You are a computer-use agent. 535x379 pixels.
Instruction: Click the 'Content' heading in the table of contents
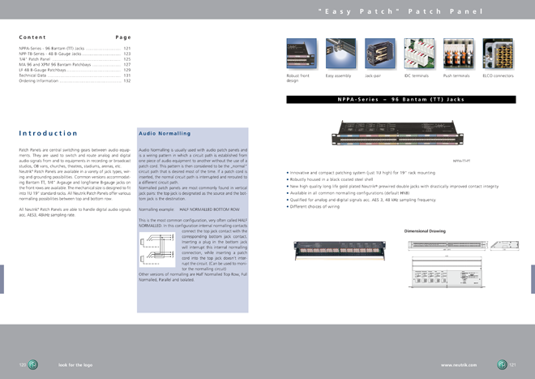32,37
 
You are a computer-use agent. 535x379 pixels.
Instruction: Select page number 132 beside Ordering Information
127,81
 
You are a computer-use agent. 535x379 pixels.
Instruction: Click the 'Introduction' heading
48,133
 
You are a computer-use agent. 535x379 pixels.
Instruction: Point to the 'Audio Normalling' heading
165,133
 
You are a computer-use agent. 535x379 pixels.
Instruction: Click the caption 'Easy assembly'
337,75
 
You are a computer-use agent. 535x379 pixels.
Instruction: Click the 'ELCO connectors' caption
498,75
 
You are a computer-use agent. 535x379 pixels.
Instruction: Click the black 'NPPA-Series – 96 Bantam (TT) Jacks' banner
400,100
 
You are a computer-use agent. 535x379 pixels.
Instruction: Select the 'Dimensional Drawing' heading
425,231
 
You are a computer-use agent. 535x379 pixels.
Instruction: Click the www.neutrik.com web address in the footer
458,365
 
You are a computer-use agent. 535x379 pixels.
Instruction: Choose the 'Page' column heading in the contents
123,37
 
